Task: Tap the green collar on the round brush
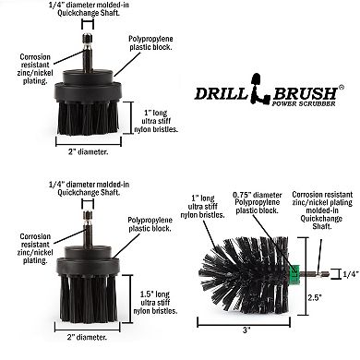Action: (x=294, y=272)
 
